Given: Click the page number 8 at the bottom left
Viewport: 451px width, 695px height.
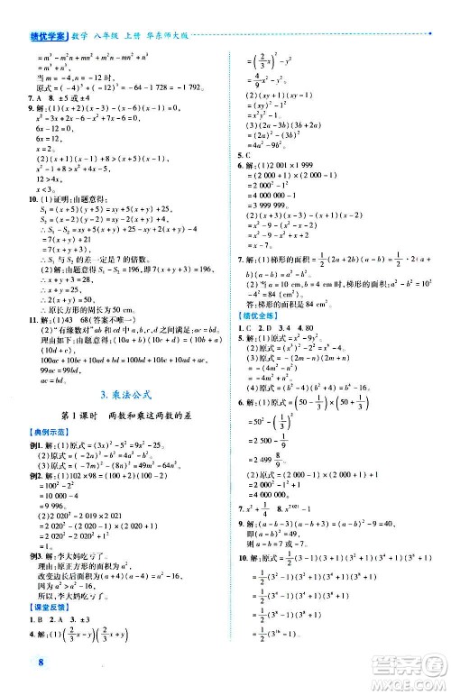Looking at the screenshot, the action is coord(17,665).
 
